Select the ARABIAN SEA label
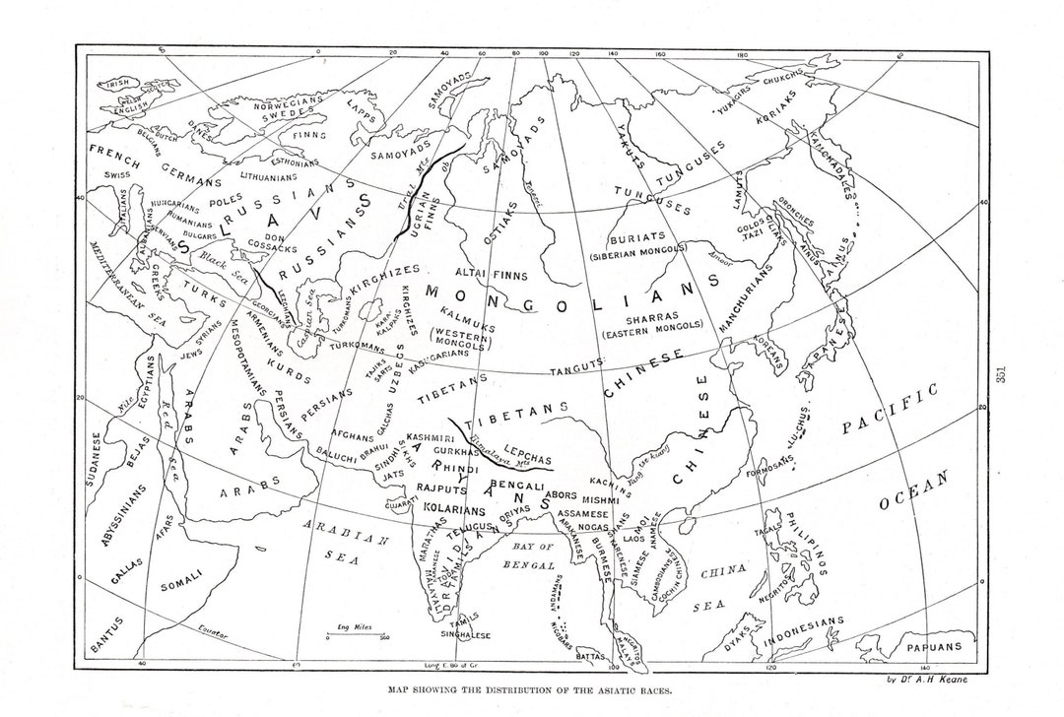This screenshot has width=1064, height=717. point(345,545)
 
